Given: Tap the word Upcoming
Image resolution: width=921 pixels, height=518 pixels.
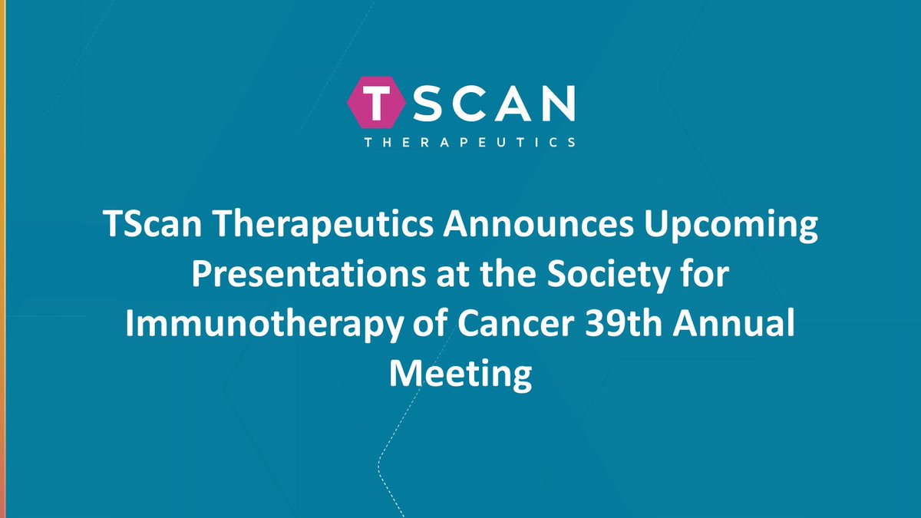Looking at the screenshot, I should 719,228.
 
